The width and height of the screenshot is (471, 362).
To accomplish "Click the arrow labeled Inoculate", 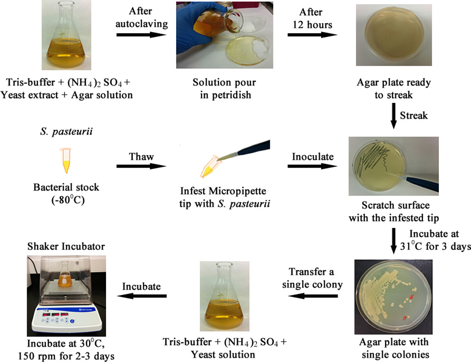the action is click(313, 166).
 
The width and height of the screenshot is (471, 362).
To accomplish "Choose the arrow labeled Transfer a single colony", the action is click(313, 296).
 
